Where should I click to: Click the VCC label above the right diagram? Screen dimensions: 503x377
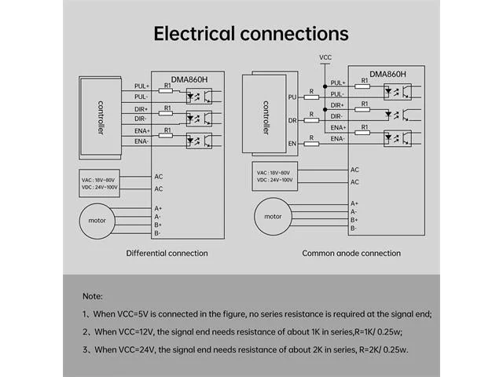click(x=325, y=57)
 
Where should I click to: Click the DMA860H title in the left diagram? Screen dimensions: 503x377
click(x=189, y=79)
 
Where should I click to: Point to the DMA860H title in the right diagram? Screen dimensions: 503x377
click(x=387, y=74)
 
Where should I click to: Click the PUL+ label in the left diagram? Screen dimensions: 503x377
click(x=141, y=86)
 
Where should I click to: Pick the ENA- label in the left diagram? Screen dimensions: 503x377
click(x=141, y=141)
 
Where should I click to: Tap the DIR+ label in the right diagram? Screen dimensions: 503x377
click(x=337, y=105)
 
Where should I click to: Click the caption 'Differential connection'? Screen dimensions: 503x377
click(x=167, y=253)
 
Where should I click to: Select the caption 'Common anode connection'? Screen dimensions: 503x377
click(x=351, y=253)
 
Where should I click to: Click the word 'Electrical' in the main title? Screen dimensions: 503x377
click(x=194, y=34)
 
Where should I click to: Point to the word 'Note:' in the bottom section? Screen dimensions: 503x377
click(x=93, y=296)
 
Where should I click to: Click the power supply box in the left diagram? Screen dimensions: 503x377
click(x=100, y=183)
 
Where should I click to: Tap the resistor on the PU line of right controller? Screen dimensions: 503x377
click(x=311, y=97)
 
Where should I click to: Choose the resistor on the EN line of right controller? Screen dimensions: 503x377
click(x=311, y=144)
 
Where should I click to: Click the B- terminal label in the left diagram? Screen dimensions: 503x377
click(x=157, y=233)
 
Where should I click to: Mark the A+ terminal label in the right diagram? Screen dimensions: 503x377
click(x=354, y=203)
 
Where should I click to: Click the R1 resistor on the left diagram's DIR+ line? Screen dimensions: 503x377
click(x=166, y=113)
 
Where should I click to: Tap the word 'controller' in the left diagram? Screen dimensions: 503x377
click(x=101, y=118)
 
